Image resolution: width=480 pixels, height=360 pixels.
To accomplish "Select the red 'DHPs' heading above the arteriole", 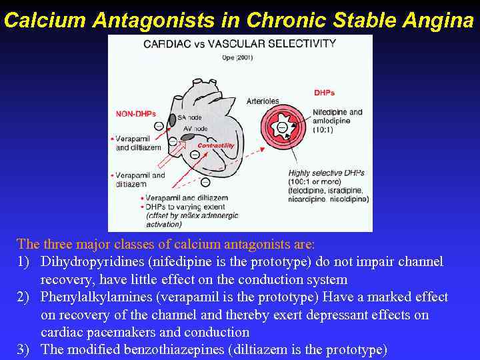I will point(323,93).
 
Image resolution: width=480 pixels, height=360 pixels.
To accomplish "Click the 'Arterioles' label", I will point(263,101).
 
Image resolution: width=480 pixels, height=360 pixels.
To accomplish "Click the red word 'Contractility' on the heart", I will point(216,145).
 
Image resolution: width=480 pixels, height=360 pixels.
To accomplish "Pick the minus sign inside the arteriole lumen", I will point(283,127).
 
